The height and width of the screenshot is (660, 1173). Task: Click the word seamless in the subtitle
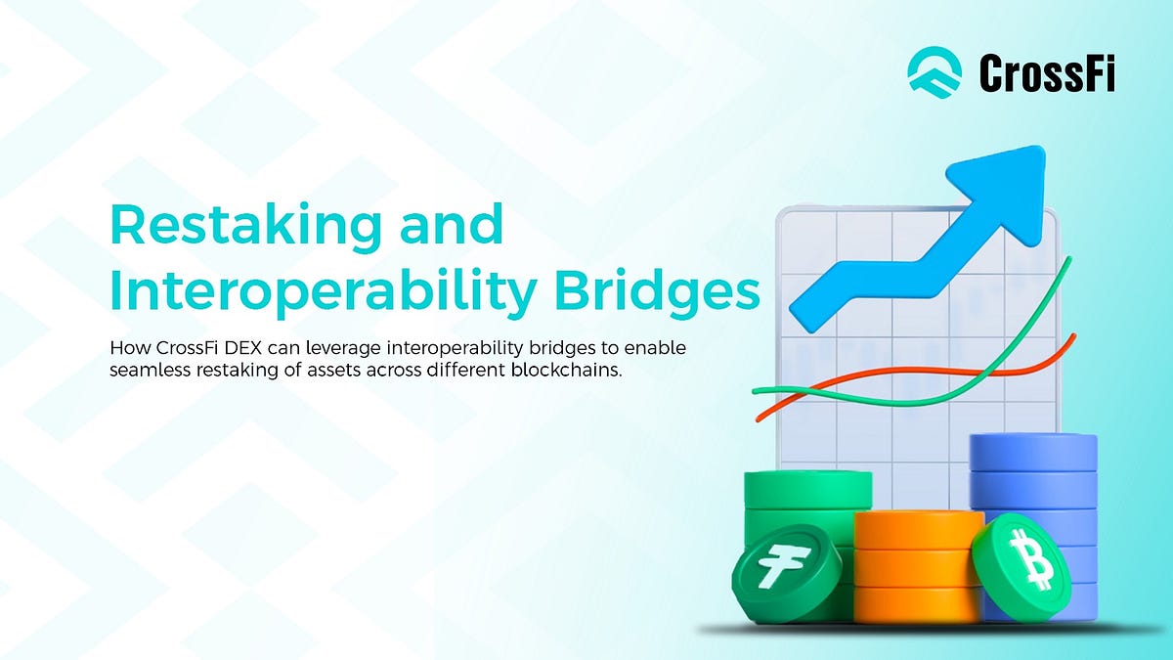(149, 373)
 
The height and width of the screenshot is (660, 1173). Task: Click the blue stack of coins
(1034, 489)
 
